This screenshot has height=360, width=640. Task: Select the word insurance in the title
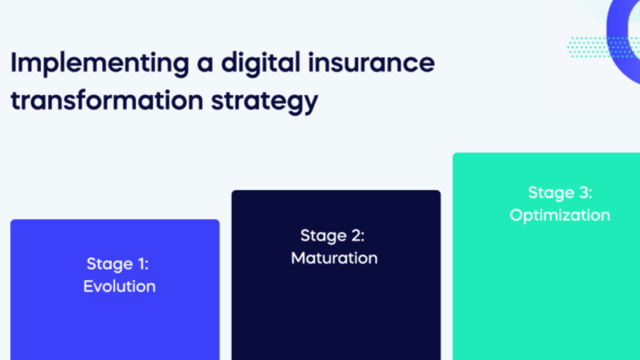(371, 62)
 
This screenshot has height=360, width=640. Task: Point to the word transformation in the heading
(107, 100)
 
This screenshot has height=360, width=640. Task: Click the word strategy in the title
(264, 102)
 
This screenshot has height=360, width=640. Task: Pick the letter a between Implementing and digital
(205, 66)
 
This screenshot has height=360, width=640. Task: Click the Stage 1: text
(117, 264)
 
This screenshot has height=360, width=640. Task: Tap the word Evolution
(119, 286)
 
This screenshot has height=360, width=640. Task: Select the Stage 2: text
(332, 236)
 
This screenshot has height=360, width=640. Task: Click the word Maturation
(334, 258)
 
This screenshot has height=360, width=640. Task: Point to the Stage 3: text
(560, 192)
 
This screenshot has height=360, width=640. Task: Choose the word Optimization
(560, 216)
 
